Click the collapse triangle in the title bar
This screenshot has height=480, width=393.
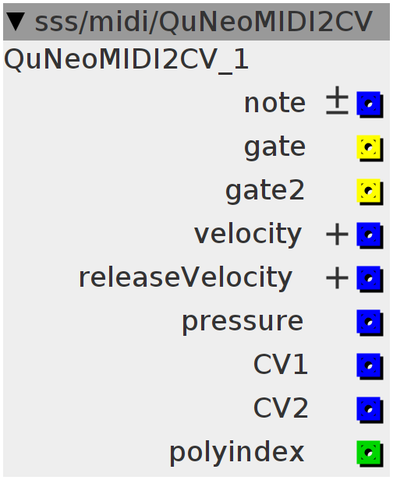16,22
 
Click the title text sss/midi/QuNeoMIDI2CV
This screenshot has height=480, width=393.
204,22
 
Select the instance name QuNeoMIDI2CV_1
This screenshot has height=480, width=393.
126,60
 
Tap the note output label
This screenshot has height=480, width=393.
274,103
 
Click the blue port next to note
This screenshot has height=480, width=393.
370,104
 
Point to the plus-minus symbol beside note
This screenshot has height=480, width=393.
337,101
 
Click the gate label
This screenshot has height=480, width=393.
274,147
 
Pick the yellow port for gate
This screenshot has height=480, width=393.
370,148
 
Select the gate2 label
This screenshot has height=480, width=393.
265,192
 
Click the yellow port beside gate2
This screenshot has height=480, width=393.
370,192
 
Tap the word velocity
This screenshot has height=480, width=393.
248,235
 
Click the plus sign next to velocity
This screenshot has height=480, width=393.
337,235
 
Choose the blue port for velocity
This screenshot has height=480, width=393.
370,235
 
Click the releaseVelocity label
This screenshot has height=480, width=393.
186,278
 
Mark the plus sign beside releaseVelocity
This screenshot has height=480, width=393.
337,279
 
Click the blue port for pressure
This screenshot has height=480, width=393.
370,323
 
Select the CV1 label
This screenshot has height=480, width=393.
280,365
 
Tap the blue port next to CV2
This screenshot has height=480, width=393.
370,410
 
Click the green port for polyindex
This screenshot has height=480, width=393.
370,454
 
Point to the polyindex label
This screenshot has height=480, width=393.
237,453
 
